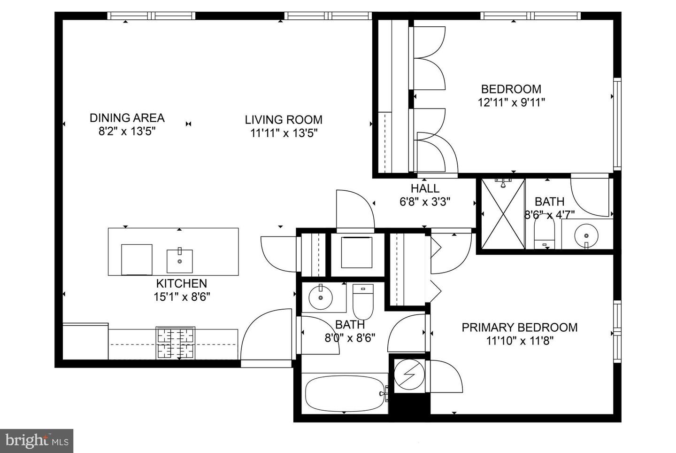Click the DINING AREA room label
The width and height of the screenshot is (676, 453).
coord(127,117)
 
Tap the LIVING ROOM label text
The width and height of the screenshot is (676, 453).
coord(284,120)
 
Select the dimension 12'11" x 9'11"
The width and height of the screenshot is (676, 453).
coord(511,102)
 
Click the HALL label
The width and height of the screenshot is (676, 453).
coord(425,189)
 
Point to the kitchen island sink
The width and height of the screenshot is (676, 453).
coord(180,261)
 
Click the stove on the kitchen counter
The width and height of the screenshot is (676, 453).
coord(176,343)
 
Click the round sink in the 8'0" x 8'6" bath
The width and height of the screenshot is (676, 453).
coord(321,297)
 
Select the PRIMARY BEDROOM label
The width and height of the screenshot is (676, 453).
coord(520,328)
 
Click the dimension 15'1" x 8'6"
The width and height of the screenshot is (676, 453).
coord(182,297)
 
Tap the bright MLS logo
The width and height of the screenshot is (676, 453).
coord(37,441)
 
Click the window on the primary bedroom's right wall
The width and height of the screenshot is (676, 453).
coord(617,332)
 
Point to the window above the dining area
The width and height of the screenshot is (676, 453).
coord(151,16)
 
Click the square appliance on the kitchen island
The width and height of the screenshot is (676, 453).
coord(137,259)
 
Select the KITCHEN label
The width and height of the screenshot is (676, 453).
coord(182,283)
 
